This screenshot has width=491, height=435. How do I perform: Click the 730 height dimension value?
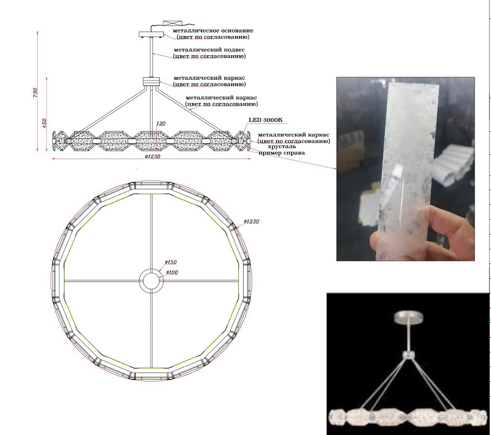click(x=35, y=92)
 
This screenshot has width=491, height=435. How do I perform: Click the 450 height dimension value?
click(x=44, y=124)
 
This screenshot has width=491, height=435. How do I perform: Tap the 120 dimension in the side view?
click(x=161, y=123)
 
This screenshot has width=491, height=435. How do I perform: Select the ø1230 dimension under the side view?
click(x=153, y=157)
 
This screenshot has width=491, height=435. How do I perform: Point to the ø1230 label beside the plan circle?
click(x=252, y=221)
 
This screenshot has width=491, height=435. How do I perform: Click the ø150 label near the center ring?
click(x=171, y=262)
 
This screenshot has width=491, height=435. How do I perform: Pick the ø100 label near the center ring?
click(x=172, y=272)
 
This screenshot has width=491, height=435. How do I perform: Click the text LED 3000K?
click(x=266, y=120)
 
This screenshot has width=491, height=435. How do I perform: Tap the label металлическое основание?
click(x=213, y=31)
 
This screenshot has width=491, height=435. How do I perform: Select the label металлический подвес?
click(x=209, y=49)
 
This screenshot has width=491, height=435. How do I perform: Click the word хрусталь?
click(x=282, y=146)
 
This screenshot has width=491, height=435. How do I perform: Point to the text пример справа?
click(x=282, y=153)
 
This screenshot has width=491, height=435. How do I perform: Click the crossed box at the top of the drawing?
click(x=172, y=23)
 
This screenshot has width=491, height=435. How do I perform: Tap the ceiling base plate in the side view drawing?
click(x=151, y=34)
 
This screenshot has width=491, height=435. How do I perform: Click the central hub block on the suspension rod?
click(x=151, y=81)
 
